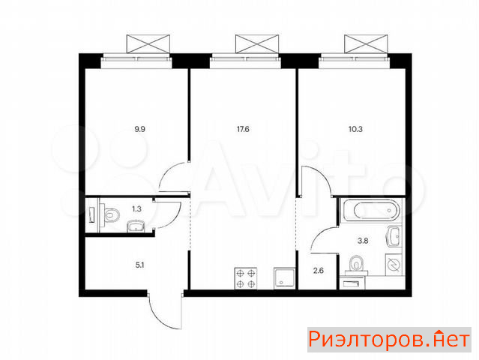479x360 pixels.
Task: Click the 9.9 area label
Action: click(x=140, y=129)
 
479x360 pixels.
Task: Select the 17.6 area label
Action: click(x=243, y=129)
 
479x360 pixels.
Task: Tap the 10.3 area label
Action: click(x=355, y=129)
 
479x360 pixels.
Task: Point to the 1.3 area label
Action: click(x=136, y=209)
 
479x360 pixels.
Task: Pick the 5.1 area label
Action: click(x=139, y=265)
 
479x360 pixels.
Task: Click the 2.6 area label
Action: click(x=319, y=271)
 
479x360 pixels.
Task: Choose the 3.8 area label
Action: click(x=363, y=241)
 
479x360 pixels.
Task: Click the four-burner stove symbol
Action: click(x=246, y=278)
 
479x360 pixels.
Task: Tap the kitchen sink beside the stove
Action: click(x=284, y=278)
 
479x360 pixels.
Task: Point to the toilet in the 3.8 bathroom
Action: click(x=356, y=265)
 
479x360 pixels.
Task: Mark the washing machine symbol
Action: click(x=394, y=265)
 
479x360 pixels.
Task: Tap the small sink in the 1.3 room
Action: click(x=136, y=226)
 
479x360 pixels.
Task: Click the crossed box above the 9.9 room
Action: click(x=148, y=44)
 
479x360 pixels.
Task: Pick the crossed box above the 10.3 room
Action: click(x=366, y=44)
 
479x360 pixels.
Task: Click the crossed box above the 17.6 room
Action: click(x=257, y=44)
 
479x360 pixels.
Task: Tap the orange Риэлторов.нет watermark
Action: click(x=389, y=339)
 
